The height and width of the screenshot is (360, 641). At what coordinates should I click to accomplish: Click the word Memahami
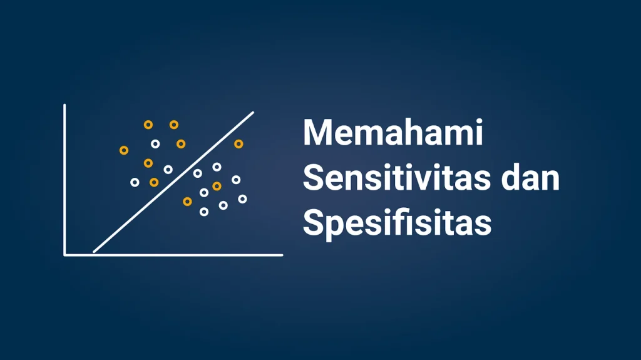tap(393, 133)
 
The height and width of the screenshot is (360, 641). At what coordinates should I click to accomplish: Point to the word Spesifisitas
tap(397, 224)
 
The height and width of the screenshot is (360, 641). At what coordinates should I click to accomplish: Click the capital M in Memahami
tap(317, 133)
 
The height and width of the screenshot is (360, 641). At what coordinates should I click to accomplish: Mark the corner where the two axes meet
tap(65, 255)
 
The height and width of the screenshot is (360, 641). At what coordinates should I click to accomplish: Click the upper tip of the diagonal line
tap(253, 113)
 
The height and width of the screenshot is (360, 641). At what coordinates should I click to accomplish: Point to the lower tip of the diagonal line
tap(95, 252)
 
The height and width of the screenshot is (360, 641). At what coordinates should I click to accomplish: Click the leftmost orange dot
tap(124, 150)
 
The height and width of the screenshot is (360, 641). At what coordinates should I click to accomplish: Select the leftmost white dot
tap(135, 182)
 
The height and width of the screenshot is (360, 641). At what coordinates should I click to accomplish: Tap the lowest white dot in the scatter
tap(203, 212)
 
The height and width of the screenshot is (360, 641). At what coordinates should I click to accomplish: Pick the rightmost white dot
tap(242, 199)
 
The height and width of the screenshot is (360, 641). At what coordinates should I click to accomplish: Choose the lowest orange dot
tap(187, 201)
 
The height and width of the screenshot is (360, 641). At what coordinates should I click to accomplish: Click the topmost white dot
tap(155, 144)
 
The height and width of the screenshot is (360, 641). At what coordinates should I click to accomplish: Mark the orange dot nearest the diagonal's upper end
tap(238, 144)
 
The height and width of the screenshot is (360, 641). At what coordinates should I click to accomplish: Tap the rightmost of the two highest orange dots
tap(174, 125)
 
